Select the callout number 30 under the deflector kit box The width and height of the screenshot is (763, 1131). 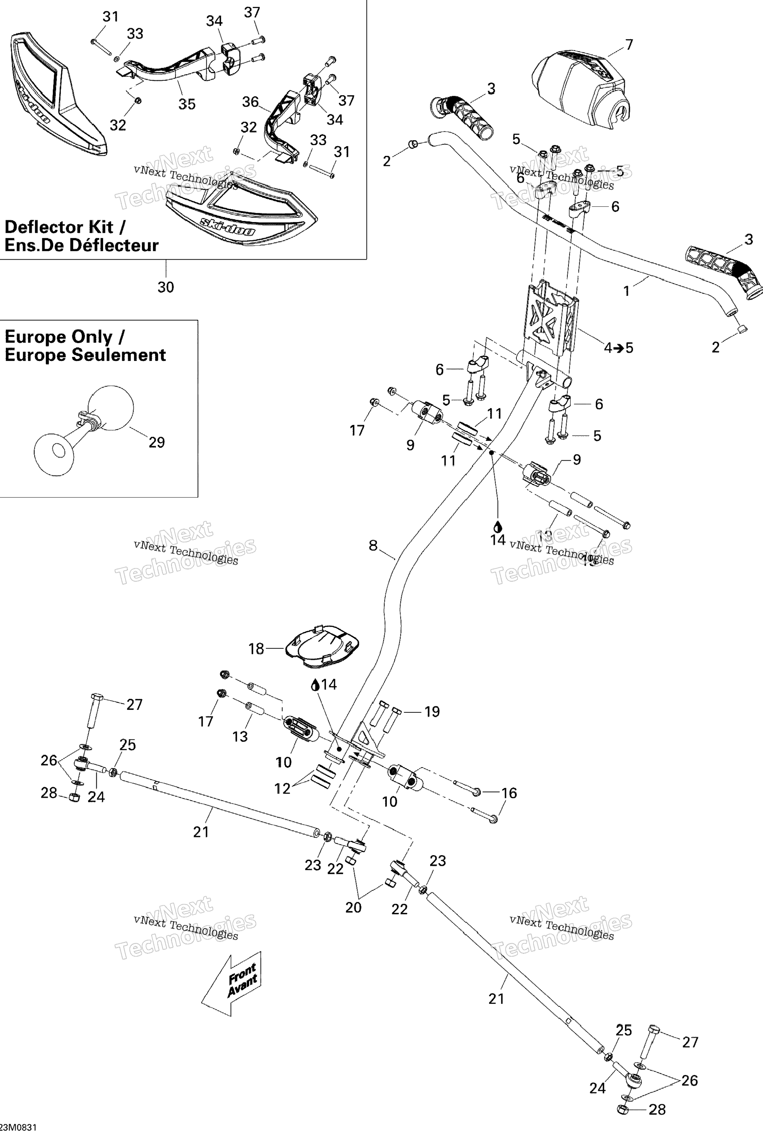(166, 287)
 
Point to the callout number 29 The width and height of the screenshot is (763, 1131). (156, 442)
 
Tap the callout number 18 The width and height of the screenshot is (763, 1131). (256, 649)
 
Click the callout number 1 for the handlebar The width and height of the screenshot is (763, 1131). (627, 291)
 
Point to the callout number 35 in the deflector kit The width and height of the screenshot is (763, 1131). (187, 104)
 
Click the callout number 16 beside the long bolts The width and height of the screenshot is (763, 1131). (509, 793)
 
